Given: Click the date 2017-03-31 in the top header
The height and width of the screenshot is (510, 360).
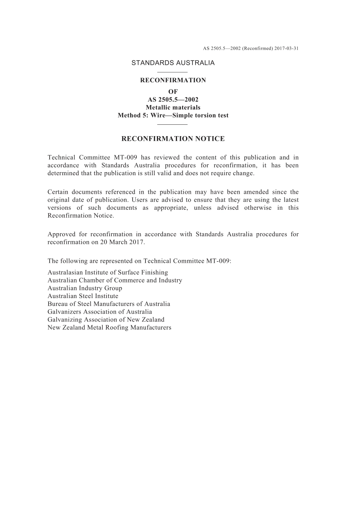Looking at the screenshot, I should pos(286,49).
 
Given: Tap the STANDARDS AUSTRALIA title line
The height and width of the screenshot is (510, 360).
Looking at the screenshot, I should pos(173,63).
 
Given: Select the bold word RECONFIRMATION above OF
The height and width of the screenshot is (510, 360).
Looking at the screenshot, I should pos(173,80).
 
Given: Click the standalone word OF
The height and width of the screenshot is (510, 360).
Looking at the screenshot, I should pos(173,92).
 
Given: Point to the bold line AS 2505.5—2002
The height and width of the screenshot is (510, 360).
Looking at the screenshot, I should pos(173,100).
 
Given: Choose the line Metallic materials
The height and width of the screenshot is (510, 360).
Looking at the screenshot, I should pos(173,108).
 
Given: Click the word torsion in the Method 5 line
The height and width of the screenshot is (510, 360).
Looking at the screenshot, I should pos(205,116).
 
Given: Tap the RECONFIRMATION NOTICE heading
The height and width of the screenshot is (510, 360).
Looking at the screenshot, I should pos(173,139).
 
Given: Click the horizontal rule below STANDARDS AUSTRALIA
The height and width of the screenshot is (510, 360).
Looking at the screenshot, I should pos(172,72).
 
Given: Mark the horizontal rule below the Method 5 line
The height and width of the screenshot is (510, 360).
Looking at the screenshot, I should pos(172,124).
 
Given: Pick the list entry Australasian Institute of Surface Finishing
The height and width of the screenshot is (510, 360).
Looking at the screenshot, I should pos(108,273).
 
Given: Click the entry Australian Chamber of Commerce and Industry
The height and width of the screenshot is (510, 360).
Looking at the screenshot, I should pos(114,281).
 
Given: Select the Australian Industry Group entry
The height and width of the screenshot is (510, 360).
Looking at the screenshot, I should pos(85,288).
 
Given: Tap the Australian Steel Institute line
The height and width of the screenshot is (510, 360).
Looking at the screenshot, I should pos(83,296).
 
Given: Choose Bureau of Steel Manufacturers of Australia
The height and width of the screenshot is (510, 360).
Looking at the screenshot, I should pos(109,304).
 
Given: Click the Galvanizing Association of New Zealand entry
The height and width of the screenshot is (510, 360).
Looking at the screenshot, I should pos(106,320).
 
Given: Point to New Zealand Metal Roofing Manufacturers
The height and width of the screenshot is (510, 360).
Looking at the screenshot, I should pos(109,328).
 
